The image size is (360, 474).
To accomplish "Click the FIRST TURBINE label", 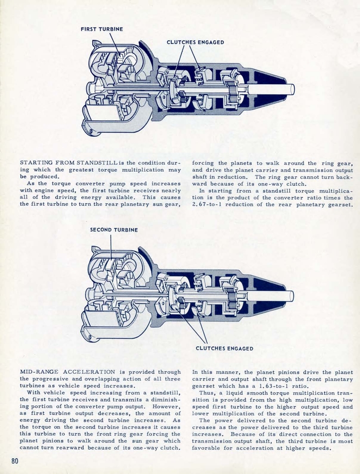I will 102,29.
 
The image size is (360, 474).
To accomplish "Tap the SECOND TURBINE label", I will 114,230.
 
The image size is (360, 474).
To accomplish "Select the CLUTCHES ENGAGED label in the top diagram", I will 195,42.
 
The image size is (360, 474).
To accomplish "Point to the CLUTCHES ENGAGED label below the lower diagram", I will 224,349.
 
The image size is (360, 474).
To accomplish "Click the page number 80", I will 15,461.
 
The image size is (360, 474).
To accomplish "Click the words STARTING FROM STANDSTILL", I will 68,163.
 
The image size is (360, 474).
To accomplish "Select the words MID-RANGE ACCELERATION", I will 68,372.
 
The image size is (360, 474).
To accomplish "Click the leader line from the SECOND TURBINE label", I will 111,245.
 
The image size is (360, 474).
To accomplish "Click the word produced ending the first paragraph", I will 44,176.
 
